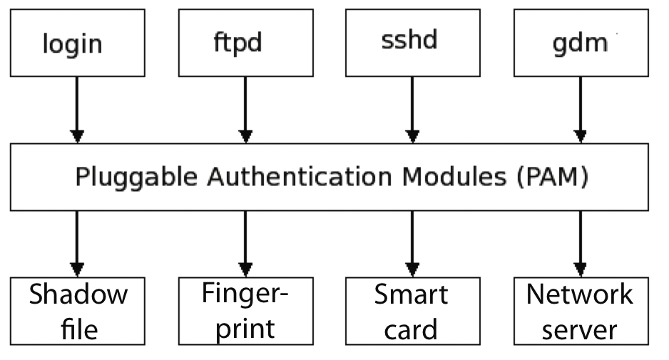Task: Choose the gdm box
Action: coord(580,42)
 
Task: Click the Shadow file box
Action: coord(78,311)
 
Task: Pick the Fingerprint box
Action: coord(245,311)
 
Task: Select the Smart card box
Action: coord(412,311)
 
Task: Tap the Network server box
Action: coord(580,311)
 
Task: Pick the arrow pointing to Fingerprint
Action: coord(245,243)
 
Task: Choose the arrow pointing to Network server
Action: coord(580,243)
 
